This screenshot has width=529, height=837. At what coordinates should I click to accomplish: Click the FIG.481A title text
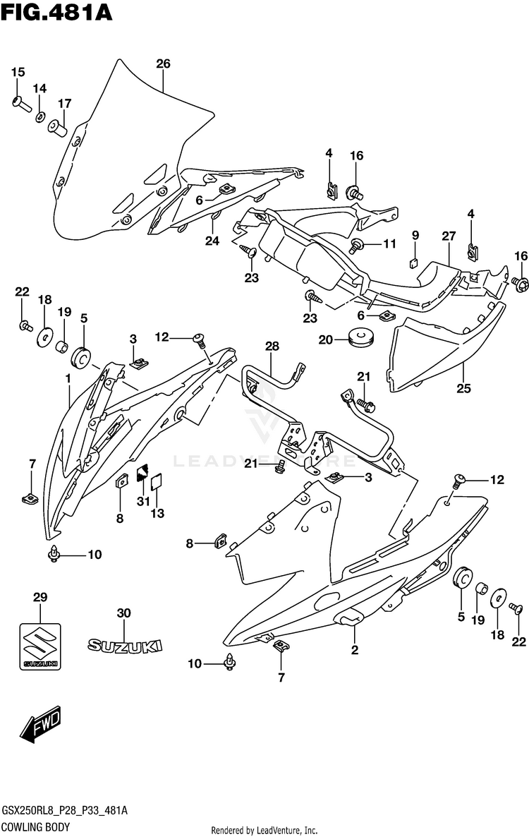click(x=57, y=12)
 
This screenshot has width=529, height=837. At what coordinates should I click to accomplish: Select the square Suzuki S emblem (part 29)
click(x=40, y=646)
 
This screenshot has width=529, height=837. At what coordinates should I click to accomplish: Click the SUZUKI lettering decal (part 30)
click(x=125, y=646)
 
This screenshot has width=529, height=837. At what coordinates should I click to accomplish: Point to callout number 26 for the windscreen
click(x=163, y=64)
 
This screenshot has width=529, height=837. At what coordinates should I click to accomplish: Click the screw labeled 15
click(x=20, y=102)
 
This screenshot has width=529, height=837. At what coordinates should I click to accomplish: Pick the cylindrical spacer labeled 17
click(x=57, y=128)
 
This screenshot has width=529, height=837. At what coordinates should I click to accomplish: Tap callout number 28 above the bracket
click(x=272, y=347)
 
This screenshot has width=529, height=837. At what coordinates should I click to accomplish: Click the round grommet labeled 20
click(x=360, y=337)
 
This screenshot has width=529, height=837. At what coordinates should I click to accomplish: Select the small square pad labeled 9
click(x=414, y=262)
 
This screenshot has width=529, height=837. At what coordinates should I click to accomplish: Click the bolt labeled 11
click(x=356, y=246)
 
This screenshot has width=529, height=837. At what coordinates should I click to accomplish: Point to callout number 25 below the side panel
click(x=464, y=388)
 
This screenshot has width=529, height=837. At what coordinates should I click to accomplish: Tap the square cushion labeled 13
click(x=157, y=481)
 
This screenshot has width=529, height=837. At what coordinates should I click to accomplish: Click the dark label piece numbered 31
click(x=142, y=472)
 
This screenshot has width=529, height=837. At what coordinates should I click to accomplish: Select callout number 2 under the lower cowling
click(x=355, y=650)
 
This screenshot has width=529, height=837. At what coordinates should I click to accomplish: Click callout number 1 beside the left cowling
click(x=68, y=378)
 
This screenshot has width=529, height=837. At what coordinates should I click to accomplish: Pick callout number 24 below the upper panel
click(x=212, y=241)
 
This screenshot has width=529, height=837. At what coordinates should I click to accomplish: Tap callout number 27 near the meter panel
click(x=449, y=236)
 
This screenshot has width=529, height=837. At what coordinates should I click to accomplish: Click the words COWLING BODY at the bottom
click(x=36, y=827)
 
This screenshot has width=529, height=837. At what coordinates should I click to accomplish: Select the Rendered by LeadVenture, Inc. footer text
click(x=264, y=830)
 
